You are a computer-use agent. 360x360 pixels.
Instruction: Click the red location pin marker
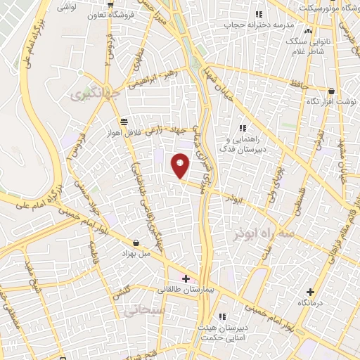[x=181, y=165]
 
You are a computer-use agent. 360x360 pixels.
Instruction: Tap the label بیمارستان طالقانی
[x=185, y=289]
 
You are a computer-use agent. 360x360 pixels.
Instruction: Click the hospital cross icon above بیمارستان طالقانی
[x=186, y=279]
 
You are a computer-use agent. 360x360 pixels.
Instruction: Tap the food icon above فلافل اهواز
[x=124, y=121]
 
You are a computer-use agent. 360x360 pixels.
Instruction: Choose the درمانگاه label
[x=310, y=302]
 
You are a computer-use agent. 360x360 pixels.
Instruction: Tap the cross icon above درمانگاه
[x=310, y=292]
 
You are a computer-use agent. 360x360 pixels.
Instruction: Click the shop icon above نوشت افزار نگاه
[x=332, y=91]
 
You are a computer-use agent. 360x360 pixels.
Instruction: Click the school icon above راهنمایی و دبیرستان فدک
[x=243, y=128]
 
